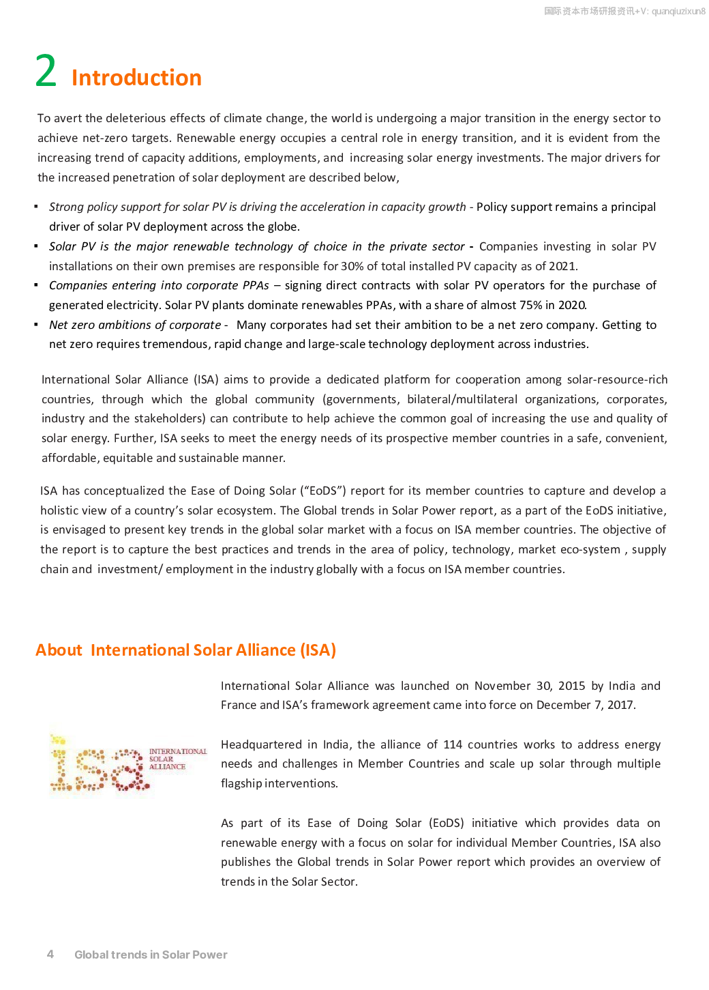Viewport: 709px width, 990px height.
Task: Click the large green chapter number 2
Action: pyautogui.click(x=46, y=71)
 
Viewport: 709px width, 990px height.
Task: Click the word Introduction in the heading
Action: pyautogui.click(x=136, y=78)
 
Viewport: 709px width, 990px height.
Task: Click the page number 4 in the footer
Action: pyautogui.click(x=50, y=954)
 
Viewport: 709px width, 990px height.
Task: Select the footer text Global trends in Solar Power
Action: pyautogui.click(x=151, y=955)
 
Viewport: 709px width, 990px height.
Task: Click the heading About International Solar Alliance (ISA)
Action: pyautogui.click(x=185, y=650)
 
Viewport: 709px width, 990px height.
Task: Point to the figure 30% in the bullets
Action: pyautogui.click(x=352, y=266)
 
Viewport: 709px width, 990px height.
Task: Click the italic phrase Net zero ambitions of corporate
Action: pyautogui.click(x=135, y=325)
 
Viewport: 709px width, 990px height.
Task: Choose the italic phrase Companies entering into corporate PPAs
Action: pyautogui.click(x=159, y=285)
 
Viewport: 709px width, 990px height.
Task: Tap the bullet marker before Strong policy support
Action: pyautogui.click(x=36, y=206)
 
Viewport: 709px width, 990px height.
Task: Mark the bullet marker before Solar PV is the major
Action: pyautogui.click(x=36, y=246)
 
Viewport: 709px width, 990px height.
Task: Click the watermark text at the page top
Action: pyautogui.click(x=624, y=11)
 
